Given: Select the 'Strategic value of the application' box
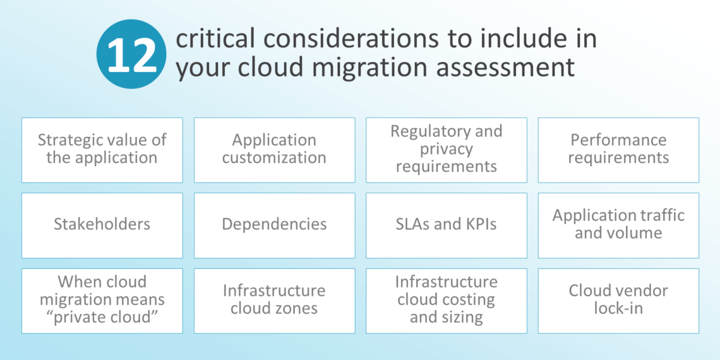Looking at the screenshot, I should click(x=102, y=150).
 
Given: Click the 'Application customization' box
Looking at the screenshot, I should click(x=274, y=150).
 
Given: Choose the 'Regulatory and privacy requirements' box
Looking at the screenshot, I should click(x=446, y=150).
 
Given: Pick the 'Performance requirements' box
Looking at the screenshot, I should click(x=618, y=150).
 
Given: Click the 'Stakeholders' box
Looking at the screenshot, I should click(x=102, y=225).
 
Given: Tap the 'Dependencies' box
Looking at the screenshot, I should click(x=274, y=225).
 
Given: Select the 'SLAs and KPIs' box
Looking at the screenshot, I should click(x=446, y=225).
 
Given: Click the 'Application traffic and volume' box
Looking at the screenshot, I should click(x=618, y=225).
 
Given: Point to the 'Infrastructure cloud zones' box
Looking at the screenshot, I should click(x=274, y=301).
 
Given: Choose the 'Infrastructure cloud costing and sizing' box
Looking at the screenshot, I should click(x=446, y=301).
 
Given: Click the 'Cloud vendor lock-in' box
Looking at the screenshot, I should click(x=618, y=301).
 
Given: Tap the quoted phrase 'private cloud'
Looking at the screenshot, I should click(x=102, y=317).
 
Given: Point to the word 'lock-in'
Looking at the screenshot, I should click(x=618, y=309).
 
